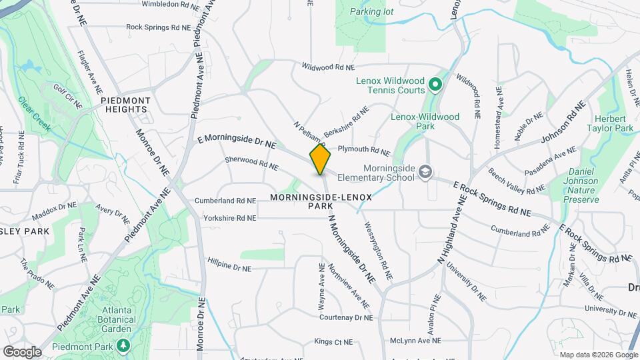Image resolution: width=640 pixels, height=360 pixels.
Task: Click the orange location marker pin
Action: [320, 159]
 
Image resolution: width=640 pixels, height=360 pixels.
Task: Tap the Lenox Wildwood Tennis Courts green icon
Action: [435, 85]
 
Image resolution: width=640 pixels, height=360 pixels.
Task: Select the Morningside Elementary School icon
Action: [424, 173]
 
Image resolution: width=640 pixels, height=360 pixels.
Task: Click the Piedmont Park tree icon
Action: [123, 345]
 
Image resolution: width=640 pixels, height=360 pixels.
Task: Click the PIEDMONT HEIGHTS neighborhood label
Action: [125, 105]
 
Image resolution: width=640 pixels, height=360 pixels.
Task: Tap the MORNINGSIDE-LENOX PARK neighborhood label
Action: [321, 202]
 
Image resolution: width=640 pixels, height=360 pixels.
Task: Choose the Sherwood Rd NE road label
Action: [251, 163]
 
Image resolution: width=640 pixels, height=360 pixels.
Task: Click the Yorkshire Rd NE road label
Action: [229, 218]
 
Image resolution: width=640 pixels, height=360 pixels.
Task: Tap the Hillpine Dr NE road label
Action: [229, 265]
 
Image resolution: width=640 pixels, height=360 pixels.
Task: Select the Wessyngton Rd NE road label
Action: [378, 250]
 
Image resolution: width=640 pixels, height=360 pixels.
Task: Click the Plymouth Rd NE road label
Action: [363, 151]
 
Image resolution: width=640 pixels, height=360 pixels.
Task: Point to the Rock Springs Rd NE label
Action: [158, 27]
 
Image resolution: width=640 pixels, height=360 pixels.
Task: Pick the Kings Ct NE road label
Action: [333, 342]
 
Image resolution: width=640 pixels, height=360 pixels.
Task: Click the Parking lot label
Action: [372, 11]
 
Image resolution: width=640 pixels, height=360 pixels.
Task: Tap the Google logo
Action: [21, 351]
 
